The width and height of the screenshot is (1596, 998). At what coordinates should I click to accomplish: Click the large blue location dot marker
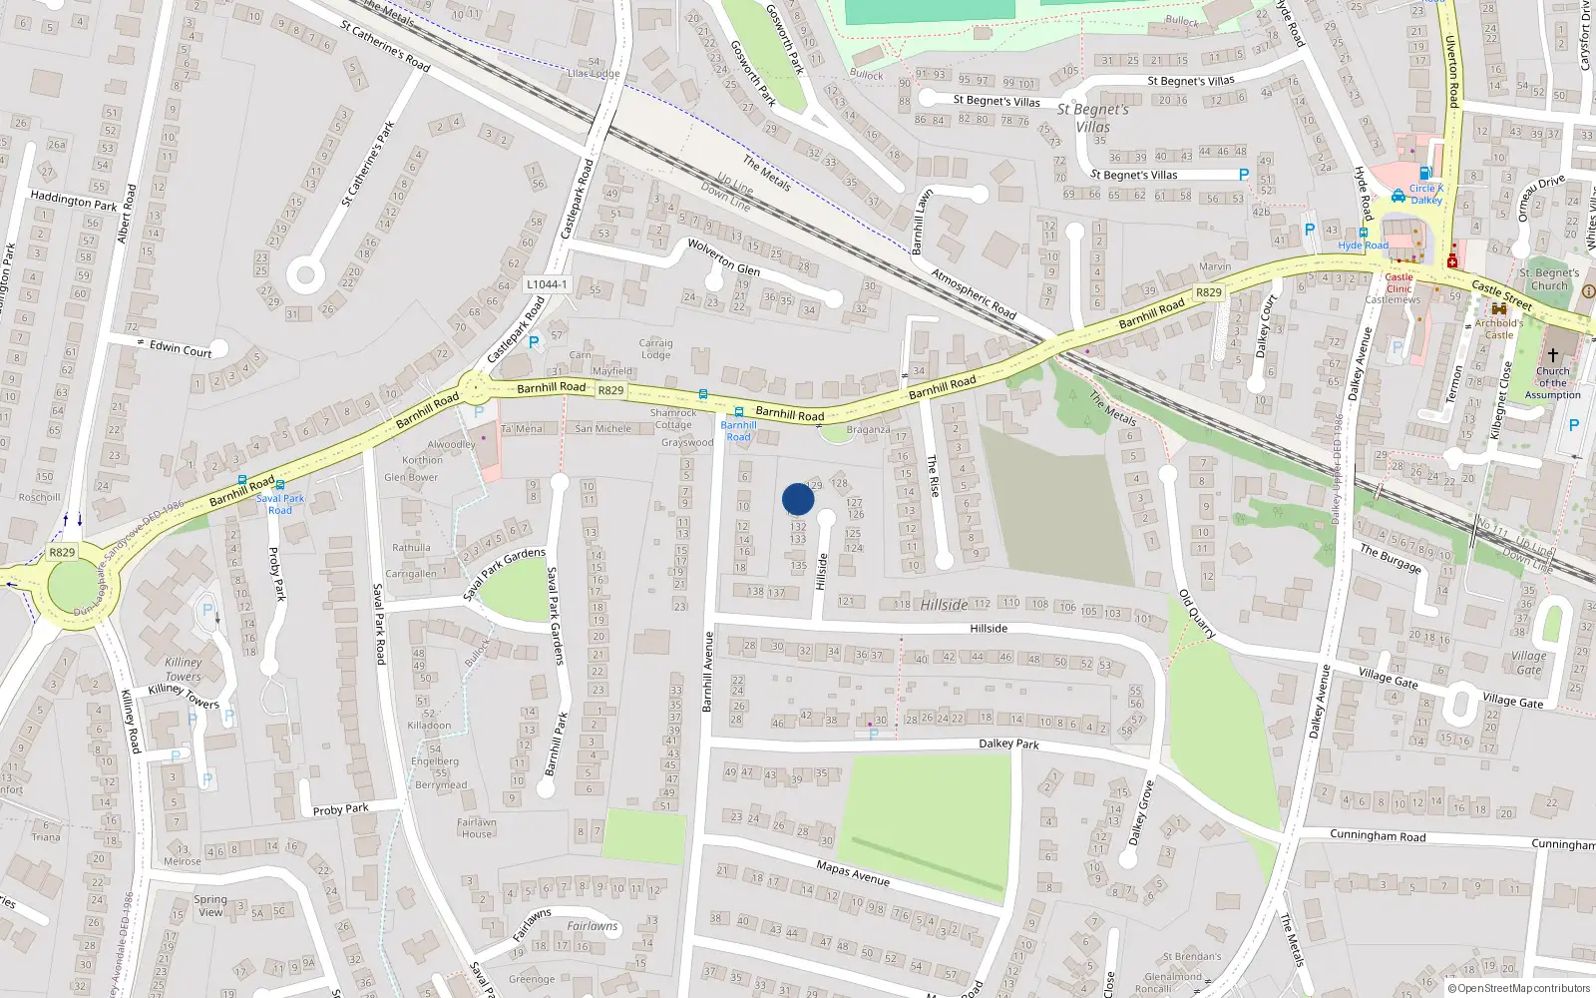(x=798, y=499)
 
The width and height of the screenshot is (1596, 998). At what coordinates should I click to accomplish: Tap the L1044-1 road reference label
(x=547, y=284)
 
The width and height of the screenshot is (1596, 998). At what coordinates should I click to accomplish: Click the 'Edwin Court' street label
(x=181, y=349)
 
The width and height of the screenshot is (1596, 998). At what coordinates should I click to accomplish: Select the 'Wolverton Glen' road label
(x=724, y=256)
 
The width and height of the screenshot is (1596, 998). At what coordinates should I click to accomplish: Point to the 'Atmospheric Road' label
(x=973, y=293)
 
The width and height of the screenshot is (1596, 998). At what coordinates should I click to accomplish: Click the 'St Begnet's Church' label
(x=1549, y=279)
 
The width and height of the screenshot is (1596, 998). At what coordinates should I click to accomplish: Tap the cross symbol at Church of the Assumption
(x=1553, y=355)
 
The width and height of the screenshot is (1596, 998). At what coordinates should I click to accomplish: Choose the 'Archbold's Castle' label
(x=1498, y=328)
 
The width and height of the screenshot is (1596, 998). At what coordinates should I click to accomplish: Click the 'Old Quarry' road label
(x=1197, y=614)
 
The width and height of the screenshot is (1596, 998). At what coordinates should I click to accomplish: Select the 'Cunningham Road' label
(x=1378, y=835)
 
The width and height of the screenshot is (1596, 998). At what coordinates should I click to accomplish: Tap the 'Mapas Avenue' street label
(x=853, y=873)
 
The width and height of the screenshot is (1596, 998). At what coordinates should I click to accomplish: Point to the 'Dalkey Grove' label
(x=1141, y=812)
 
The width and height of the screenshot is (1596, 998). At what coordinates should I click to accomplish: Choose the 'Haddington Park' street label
(x=73, y=202)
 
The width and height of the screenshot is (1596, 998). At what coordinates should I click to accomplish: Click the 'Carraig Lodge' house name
(x=655, y=348)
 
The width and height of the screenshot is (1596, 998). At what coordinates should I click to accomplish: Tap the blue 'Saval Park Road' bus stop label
(x=280, y=504)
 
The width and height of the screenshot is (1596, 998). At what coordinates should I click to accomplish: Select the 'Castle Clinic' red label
(x=1398, y=283)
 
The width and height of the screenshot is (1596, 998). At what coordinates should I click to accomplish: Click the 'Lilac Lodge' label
(x=594, y=73)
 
